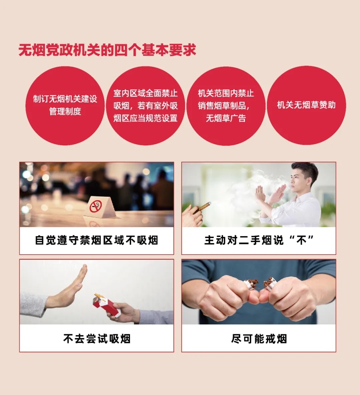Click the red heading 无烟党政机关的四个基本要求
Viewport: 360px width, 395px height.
[107, 50]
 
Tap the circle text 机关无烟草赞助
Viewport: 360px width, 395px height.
[306, 105]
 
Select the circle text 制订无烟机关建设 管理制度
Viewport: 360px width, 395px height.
[65, 105]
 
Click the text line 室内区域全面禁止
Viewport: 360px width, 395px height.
[145, 93]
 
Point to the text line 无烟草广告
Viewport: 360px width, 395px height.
[226, 118]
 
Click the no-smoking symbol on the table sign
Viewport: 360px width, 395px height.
[96, 206]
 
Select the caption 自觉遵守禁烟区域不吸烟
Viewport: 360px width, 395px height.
[96, 240]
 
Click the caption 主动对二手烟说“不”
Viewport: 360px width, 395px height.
[259, 240]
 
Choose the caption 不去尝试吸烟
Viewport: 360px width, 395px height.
[97, 339]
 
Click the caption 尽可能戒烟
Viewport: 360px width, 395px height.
[259, 339]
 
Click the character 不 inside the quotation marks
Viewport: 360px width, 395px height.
[301, 240]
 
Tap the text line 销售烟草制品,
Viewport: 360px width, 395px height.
[224, 106]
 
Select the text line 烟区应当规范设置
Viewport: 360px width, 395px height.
[145, 118]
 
